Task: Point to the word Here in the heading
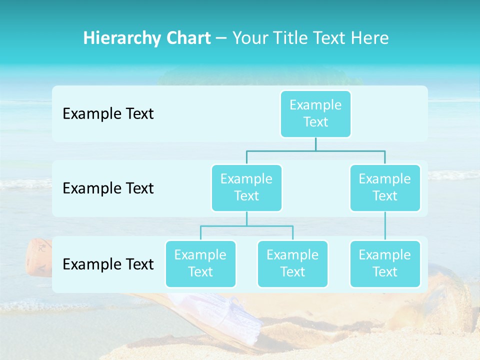pyautogui.click(x=370, y=38)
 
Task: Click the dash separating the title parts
pyautogui.click(x=222, y=38)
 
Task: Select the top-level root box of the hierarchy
pyautogui.click(x=315, y=113)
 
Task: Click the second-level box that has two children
pyautogui.click(x=246, y=187)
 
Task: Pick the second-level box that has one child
pyautogui.click(x=385, y=187)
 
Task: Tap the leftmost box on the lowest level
pyautogui.click(x=200, y=263)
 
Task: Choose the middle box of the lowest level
pyautogui.click(x=292, y=263)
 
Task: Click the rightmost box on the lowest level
pyautogui.click(x=385, y=263)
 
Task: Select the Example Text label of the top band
pyautogui.click(x=108, y=114)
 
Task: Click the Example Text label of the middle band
pyautogui.click(x=108, y=188)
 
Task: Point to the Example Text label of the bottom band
pyautogui.click(x=108, y=264)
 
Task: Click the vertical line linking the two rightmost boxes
pyautogui.click(x=385, y=226)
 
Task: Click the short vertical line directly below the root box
pyautogui.click(x=315, y=144)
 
